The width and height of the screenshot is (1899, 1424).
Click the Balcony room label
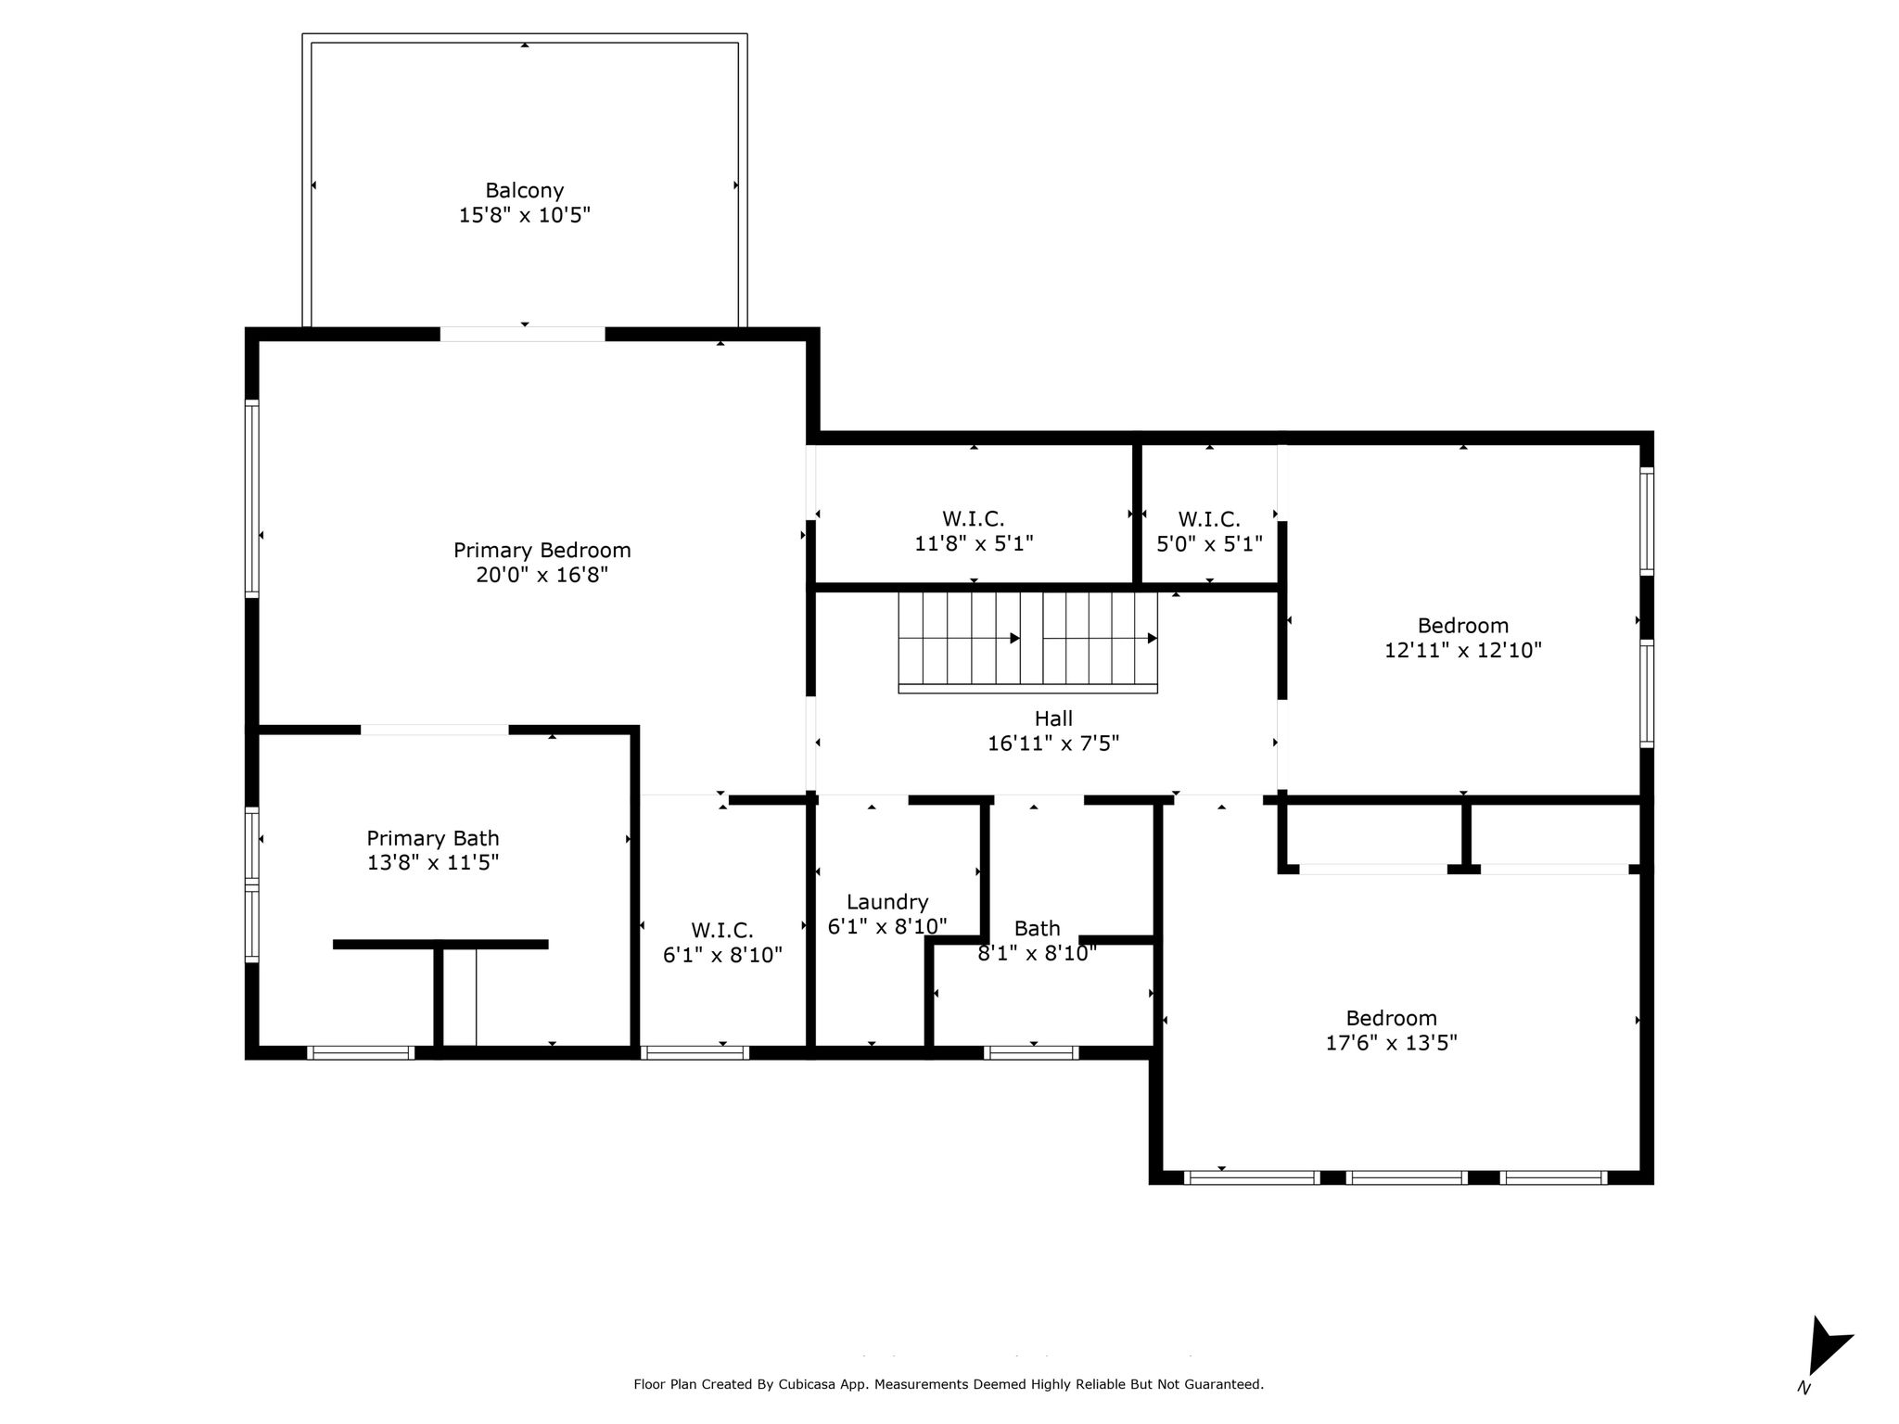click(x=525, y=191)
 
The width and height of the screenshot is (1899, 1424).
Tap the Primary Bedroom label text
click(x=542, y=551)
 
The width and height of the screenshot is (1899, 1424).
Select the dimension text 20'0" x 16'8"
click(x=542, y=576)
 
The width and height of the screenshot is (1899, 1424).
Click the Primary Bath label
click(x=433, y=838)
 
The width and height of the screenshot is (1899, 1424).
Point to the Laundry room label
click(x=887, y=903)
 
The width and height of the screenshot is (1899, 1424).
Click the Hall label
click(x=1053, y=718)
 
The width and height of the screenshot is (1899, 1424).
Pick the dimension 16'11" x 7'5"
click(x=1053, y=744)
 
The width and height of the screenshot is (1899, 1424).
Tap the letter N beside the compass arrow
click(x=1803, y=1388)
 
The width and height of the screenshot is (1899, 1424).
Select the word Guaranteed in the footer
click(x=1224, y=1385)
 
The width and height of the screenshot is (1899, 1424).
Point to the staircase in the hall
click(x=1027, y=642)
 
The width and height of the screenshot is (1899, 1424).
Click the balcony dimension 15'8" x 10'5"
click(x=525, y=216)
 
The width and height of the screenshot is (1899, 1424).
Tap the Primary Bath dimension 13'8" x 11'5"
click(x=433, y=863)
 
